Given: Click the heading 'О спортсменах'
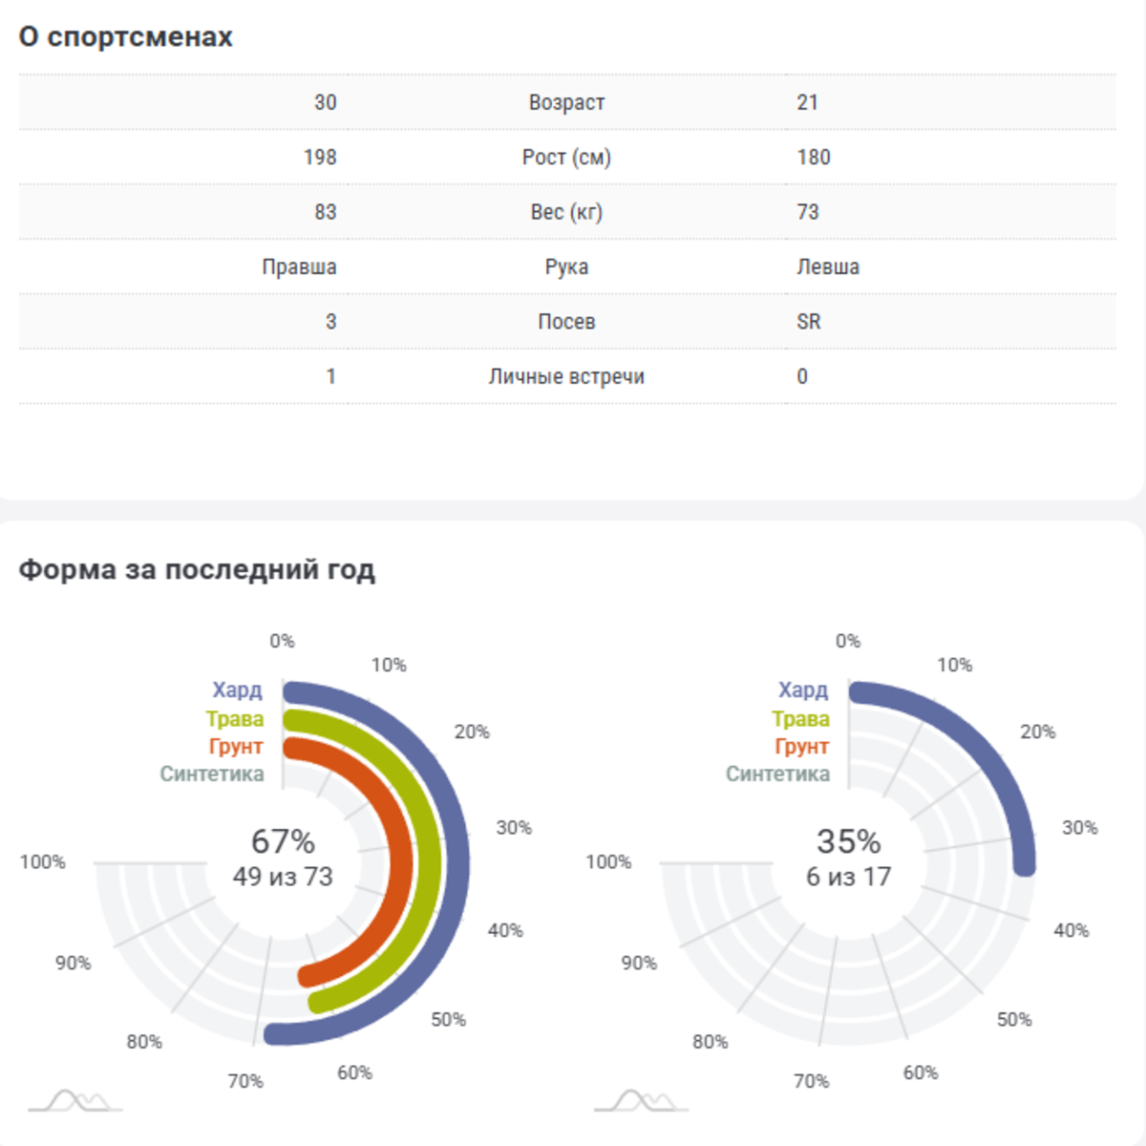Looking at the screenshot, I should pos(125,37).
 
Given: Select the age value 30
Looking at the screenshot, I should pos(325,102).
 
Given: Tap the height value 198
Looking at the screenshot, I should pos(320,158).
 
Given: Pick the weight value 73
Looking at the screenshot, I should pos(808,212).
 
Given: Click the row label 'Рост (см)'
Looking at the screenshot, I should pos(566,158).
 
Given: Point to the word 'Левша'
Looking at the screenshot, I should pos(828,267).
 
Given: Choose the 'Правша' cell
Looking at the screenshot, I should pos(299,267).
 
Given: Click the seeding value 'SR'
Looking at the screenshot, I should pos(809,322).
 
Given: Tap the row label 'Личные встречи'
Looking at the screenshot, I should pos(566,377).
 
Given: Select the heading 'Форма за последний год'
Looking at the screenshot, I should pos(197,570).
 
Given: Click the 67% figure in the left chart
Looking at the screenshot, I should pos(283,841).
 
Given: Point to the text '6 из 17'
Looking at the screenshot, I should pos(848,877).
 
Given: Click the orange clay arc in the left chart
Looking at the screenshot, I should pos(401,859).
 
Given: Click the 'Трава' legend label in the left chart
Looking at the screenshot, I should pos(235,719).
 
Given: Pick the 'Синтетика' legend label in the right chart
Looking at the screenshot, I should pos(777,775).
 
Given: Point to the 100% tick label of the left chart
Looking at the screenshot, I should pos(43,862).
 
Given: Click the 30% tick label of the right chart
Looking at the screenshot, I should pos(1079,828).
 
